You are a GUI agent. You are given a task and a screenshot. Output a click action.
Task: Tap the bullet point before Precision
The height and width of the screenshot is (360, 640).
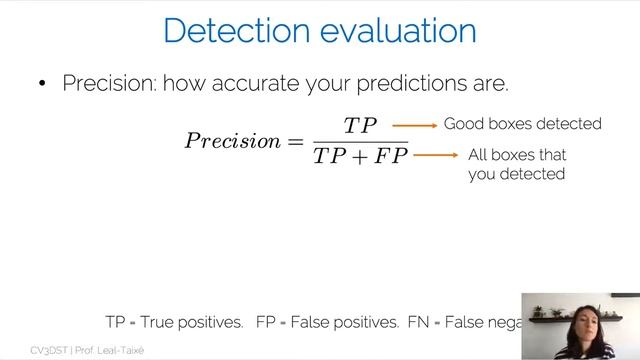42,84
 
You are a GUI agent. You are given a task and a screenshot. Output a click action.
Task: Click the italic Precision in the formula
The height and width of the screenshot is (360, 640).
232,140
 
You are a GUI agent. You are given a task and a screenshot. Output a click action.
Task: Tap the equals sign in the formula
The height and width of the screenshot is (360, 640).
295,140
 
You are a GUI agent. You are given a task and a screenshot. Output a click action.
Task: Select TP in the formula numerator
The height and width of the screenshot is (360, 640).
359,126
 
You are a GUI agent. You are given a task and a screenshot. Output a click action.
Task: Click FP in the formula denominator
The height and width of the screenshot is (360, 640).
390,156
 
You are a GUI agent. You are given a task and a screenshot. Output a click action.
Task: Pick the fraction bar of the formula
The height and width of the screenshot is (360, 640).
359,141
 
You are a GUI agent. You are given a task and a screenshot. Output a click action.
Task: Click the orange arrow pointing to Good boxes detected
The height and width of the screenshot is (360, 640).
415,125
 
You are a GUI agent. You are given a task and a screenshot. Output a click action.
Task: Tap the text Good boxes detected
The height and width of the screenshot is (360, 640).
522,124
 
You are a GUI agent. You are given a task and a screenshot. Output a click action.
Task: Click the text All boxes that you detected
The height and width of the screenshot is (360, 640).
517,165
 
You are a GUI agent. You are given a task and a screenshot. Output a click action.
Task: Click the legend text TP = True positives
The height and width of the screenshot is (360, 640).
174,322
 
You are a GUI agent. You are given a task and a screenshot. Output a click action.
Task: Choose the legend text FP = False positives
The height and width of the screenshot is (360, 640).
327,322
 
